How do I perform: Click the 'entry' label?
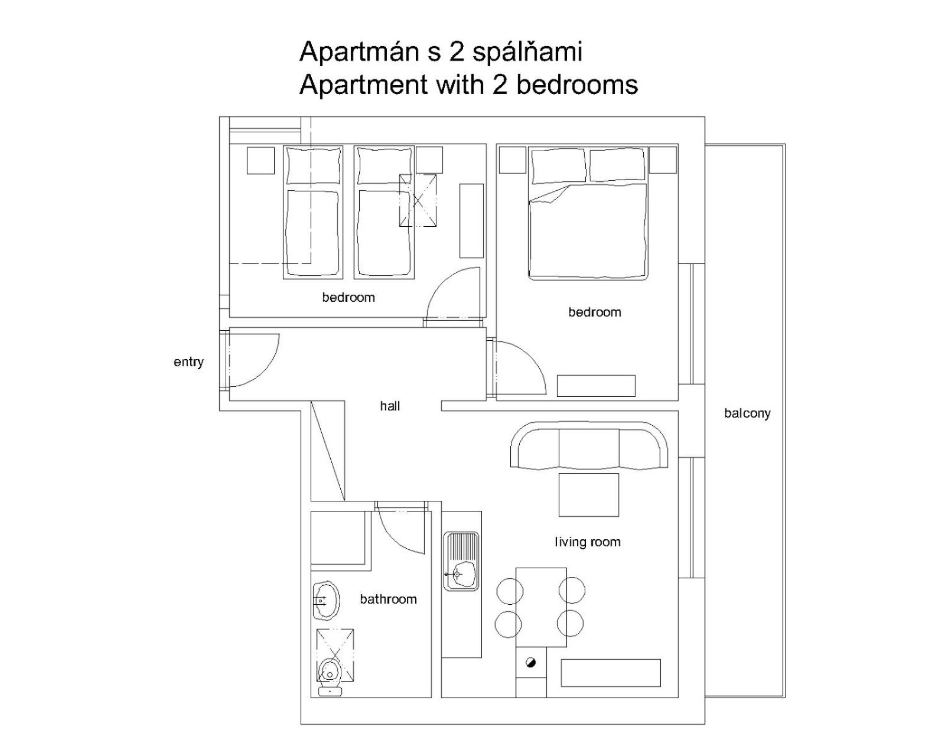pyautogui.click(x=188, y=363)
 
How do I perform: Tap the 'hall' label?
pyautogui.click(x=390, y=406)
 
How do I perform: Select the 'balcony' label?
pyautogui.click(x=747, y=413)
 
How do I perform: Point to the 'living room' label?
pyautogui.click(x=588, y=542)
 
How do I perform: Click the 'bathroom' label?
pyautogui.click(x=388, y=599)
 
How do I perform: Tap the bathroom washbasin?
pyautogui.click(x=326, y=601)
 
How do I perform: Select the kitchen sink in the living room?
pyautogui.click(x=461, y=562)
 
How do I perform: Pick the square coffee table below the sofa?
pyautogui.click(x=588, y=495)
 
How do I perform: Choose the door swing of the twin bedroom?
pyautogui.click(x=441, y=281)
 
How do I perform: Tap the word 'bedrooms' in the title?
pyautogui.click(x=577, y=84)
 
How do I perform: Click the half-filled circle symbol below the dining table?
pyautogui.click(x=530, y=663)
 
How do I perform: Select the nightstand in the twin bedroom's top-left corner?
pyautogui.click(x=260, y=160)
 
